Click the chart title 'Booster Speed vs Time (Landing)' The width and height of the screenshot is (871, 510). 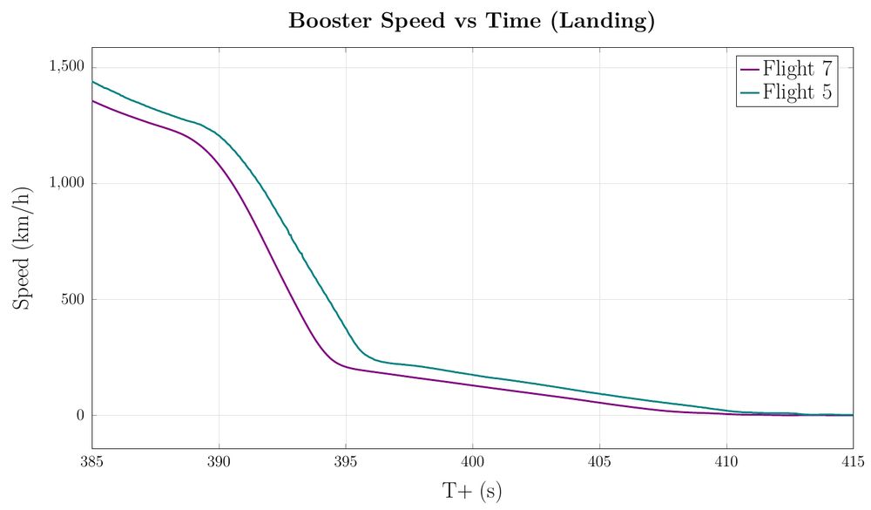[x=471, y=22]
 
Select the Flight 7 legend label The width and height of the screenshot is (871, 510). [x=799, y=68]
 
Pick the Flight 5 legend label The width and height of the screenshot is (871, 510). [x=799, y=92]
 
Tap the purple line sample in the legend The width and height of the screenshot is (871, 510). [x=748, y=68]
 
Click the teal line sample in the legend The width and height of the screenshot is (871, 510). [x=748, y=92]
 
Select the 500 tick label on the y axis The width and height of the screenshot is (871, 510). [x=72, y=300]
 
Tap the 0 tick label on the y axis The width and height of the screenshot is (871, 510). [x=79, y=416]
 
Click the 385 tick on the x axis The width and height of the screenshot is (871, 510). [x=91, y=460]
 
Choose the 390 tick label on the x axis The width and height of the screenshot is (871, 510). [x=219, y=460]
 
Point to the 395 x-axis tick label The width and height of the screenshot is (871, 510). [x=346, y=460]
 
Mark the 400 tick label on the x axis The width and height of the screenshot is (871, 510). [x=472, y=460]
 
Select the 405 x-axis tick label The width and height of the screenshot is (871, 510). [x=599, y=460]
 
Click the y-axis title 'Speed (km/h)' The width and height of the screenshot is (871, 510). [x=24, y=248]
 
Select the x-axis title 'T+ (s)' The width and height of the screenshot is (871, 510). [x=472, y=491]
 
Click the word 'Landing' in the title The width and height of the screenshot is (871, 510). [x=609, y=22]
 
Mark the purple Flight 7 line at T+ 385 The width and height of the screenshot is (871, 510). [x=93, y=101]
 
